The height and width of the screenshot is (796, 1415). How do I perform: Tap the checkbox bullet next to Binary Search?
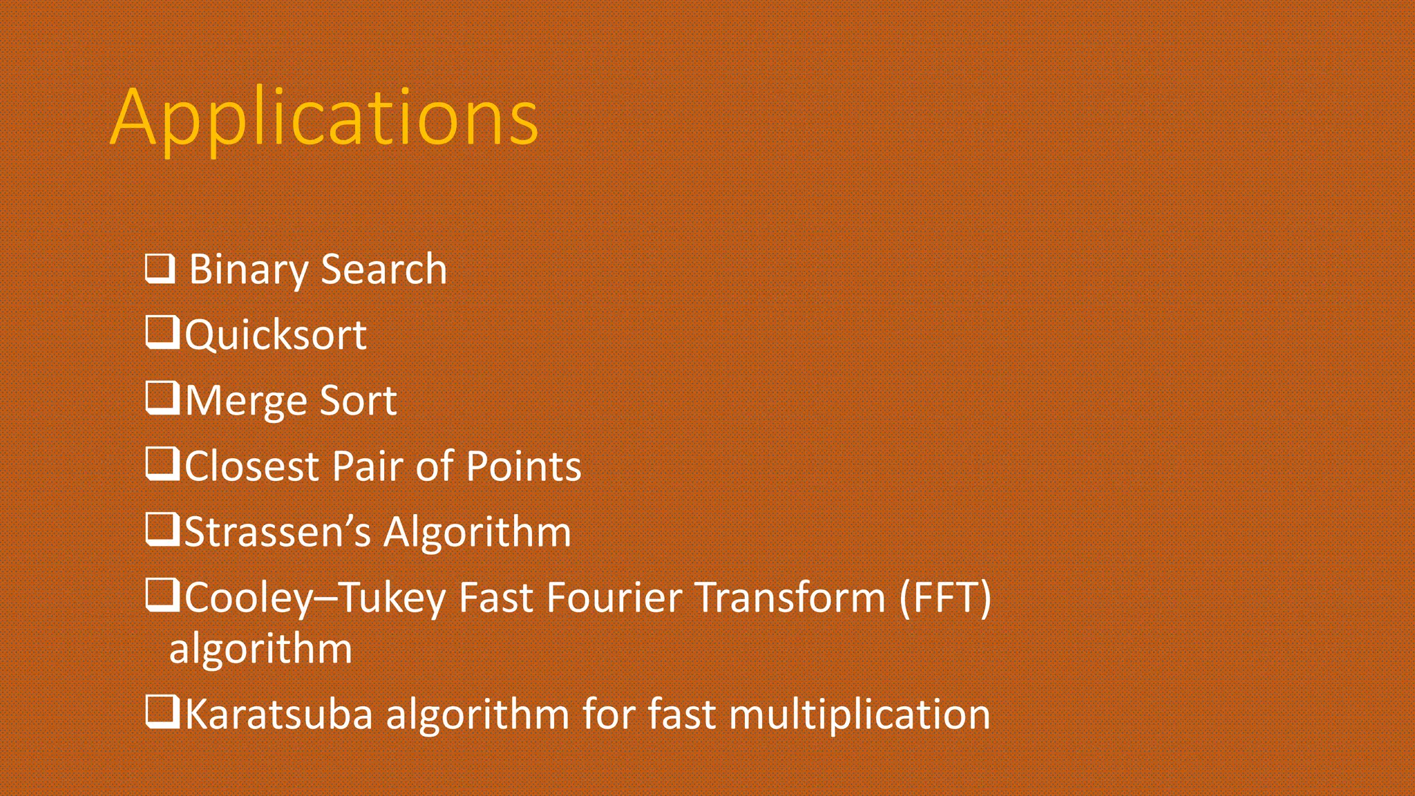tap(160, 269)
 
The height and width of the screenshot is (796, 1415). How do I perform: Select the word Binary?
tap(248, 269)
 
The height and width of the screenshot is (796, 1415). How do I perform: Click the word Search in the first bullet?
tap(383, 269)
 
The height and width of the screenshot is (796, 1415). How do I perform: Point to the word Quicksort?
tap(276, 335)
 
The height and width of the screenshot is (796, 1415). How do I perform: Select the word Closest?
tap(251, 466)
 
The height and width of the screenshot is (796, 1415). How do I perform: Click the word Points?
tap(524, 466)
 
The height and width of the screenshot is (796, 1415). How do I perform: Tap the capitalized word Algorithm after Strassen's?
tap(477, 532)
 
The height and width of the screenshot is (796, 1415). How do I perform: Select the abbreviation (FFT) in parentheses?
tap(945, 597)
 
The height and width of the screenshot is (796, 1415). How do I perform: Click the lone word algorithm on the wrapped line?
tap(260, 650)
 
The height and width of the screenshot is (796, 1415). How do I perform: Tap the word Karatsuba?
tap(278, 714)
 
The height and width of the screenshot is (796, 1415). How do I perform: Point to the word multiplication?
tap(860, 714)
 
